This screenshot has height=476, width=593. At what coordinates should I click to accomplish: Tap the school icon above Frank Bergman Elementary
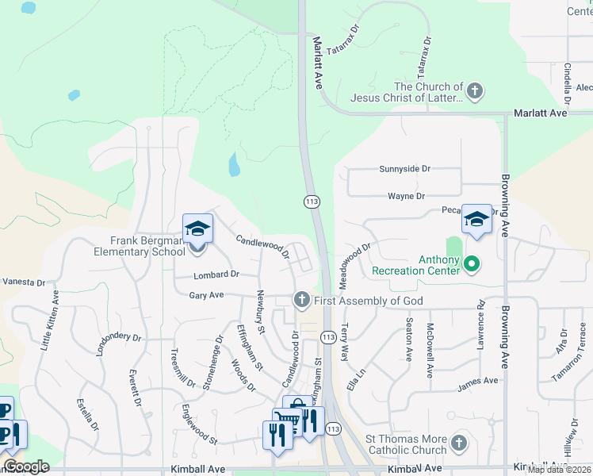pos(197,230)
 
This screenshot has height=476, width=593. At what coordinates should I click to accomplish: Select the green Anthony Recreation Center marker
pos(471,263)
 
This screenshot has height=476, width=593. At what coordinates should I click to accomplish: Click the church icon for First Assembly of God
pos(301,300)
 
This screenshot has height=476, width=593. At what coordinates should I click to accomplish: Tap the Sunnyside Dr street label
pos(404,169)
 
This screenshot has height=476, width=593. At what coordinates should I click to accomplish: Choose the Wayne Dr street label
pos(406,196)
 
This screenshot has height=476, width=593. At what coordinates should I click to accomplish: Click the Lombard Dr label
pos(216,274)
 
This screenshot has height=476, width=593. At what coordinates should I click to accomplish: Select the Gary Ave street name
pos(206,295)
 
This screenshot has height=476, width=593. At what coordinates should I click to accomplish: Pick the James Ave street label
pos(477,381)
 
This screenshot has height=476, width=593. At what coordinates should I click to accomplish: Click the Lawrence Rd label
pos(480,316)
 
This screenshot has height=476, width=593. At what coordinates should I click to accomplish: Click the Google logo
pos(26,466)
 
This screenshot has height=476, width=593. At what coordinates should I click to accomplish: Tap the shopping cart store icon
pos(285,418)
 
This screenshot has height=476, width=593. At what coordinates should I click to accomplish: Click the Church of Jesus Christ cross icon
pos(475,91)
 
